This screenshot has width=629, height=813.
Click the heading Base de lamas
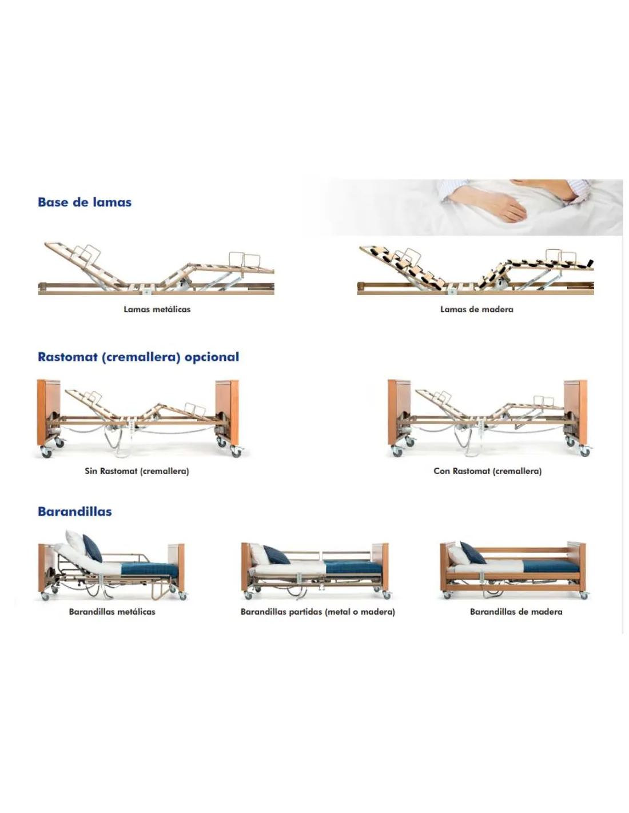(x=85, y=202)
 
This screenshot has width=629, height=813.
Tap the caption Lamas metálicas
(x=157, y=309)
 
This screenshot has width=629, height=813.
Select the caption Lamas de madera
(x=476, y=309)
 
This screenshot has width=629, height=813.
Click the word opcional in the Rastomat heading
(x=212, y=357)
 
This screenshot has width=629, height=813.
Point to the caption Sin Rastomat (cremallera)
(x=137, y=471)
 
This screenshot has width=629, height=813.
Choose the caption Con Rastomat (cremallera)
(x=487, y=471)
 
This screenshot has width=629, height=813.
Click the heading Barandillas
(x=75, y=512)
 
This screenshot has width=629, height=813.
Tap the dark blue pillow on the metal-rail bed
(x=93, y=548)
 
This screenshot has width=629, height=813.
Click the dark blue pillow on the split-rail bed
(x=277, y=555)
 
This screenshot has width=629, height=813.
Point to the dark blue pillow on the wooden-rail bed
(x=473, y=553)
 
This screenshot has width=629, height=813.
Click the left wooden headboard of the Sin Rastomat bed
(x=48, y=412)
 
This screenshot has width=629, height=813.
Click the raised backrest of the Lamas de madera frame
(x=402, y=267)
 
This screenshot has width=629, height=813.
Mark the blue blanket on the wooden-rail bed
(x=551, y=567)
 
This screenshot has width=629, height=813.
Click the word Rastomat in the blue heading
(x=67, y=357)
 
